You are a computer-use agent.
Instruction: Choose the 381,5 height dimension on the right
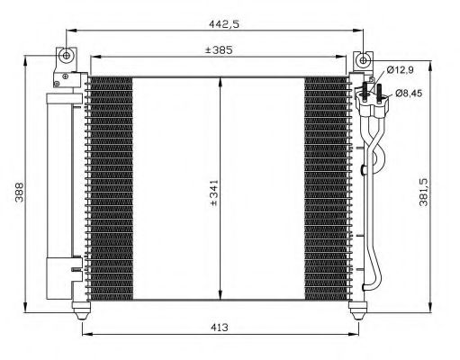click(x=443, y=192)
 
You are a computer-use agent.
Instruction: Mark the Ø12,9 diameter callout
click(x=401, y=70)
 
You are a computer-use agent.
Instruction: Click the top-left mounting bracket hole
click(x=64, y=56)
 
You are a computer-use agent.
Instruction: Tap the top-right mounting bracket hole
click(x=363, y=59)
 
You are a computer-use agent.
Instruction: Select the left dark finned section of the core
click(x=111, y=189)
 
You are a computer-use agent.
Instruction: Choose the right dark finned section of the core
click(x=325, y=189)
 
